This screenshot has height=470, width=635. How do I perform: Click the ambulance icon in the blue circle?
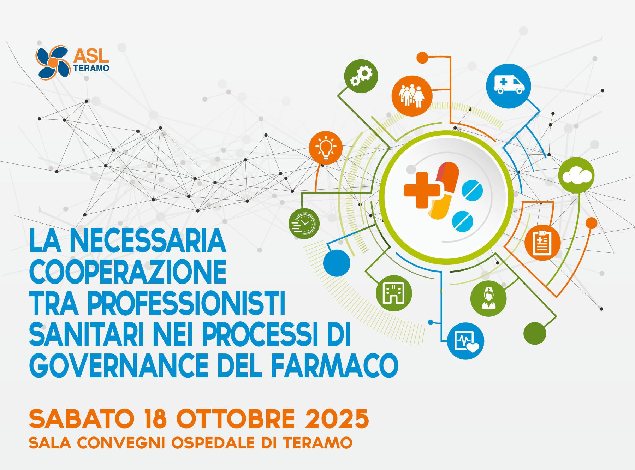click(509, 86)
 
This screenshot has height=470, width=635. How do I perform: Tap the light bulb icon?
click(326, 148)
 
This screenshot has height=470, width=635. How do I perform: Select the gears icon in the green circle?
click(361, 76)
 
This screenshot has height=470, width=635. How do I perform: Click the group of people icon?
click(412, 96)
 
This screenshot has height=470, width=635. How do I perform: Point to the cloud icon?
click(576, 175)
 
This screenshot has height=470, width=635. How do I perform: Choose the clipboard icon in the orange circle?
click(542, 243)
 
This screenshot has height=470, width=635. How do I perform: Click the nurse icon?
click(488, 298)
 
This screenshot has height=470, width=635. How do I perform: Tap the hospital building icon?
click(394, 293)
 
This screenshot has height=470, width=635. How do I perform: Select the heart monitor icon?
click(465, 341)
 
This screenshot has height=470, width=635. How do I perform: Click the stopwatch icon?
click(304, 224)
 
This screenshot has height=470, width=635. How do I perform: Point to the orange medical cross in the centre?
click(422, 190)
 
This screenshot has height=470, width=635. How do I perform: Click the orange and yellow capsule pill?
click(444, 191)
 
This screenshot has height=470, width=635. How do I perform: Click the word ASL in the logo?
click(91, 56)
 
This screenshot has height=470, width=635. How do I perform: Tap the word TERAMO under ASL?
click(91, 68)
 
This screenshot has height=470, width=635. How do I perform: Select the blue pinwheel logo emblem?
click(53, 63)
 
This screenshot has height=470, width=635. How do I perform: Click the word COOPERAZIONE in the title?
click(128, 272)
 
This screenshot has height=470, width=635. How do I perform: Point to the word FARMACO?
click(335, 365)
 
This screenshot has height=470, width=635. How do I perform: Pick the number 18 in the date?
click(156, 419)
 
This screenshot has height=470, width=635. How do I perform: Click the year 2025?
click(337, 419)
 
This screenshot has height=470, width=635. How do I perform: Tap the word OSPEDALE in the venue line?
click(213, 443)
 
